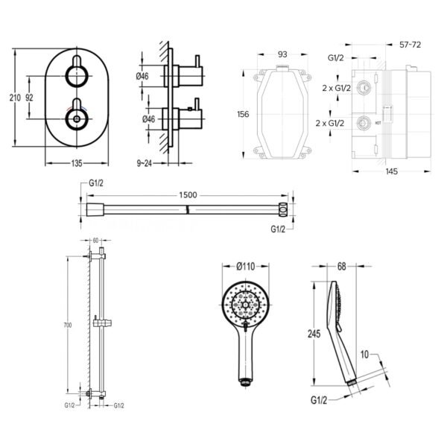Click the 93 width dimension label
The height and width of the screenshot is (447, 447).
pos(282,54)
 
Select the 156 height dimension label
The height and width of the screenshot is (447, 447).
pos(243,114)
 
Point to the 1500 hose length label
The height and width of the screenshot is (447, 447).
pos(188,194)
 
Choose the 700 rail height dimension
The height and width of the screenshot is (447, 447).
pos(68,326)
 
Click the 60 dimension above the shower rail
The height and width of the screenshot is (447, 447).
pos(95,241)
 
